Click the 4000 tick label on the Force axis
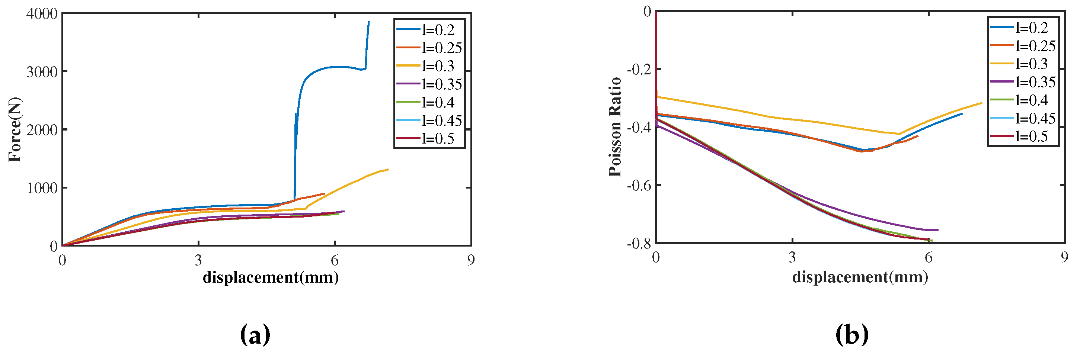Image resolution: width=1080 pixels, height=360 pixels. click(x=42, y=13)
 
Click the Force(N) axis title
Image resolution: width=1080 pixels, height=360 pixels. click(x=15, y=129)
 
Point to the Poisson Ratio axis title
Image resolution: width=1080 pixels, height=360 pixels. click(x=615, y=127)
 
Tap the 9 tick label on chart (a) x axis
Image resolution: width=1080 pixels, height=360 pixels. click(x=471, y=260)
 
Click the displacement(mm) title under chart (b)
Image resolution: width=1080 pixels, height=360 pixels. click(x=860, y=277)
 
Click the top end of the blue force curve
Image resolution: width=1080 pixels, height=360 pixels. click(x=368, y=22)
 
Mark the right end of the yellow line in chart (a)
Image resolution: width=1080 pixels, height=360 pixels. click(x=388, y=169)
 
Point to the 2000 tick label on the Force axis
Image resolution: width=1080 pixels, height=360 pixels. click(x=42, y=130)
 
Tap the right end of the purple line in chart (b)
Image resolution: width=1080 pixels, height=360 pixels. click(x=938, y=230)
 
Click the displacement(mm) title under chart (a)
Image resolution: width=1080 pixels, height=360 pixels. click(x=271, y=277)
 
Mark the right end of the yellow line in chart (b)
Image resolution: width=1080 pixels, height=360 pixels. click(x=981, y=103)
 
